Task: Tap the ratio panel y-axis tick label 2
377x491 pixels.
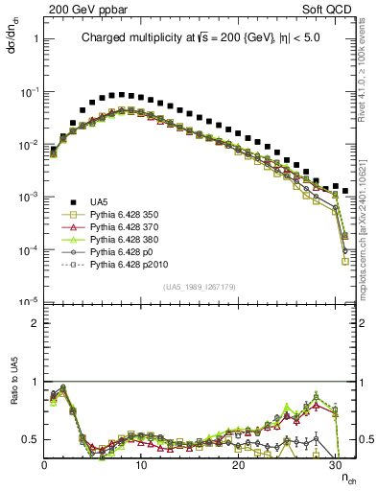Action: click(35, 323)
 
